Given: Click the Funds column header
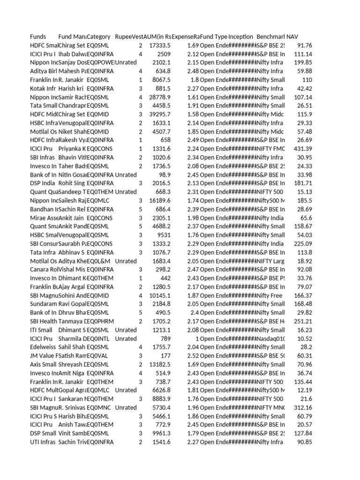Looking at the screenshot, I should click(x=38, y=37).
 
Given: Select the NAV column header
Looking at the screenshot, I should click(x=292, y=37).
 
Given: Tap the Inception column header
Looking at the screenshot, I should click(x=240, y=37).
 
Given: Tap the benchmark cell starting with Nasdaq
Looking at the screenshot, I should click(x=270, y=338).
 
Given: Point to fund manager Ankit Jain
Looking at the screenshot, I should click(x=71, y=217).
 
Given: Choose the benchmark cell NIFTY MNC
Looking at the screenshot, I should click(x=270, y=407).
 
